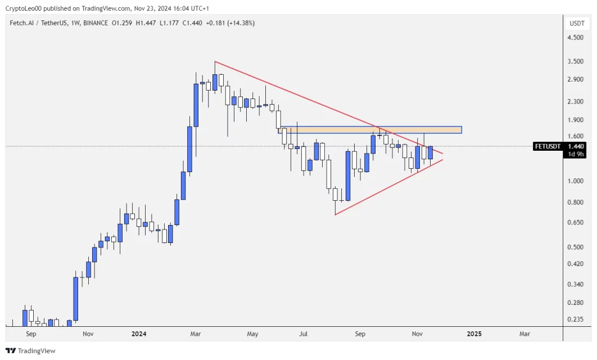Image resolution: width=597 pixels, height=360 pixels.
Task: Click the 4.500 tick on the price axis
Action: [575, 38]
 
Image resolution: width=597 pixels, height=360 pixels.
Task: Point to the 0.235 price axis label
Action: [575, 319]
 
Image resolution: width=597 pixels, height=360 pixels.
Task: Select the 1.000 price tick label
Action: [575, 181]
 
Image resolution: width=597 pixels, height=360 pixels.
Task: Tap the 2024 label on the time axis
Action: [139, 334]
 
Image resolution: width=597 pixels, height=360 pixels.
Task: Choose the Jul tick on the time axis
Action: [304, 334]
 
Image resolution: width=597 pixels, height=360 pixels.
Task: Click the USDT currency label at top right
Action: [577, 24]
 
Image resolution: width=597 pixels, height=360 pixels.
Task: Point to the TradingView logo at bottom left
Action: [30, 351]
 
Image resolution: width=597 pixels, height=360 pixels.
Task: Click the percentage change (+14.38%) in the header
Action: [241, 23]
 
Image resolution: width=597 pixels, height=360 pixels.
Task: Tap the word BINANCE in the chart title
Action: [96, 23]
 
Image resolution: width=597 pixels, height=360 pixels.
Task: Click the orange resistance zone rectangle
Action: [371, 130]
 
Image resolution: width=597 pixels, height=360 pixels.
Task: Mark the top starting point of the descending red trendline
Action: [215, 61]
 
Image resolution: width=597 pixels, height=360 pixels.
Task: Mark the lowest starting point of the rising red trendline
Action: [335, 215]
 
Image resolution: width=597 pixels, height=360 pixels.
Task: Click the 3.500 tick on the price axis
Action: [575, 62]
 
